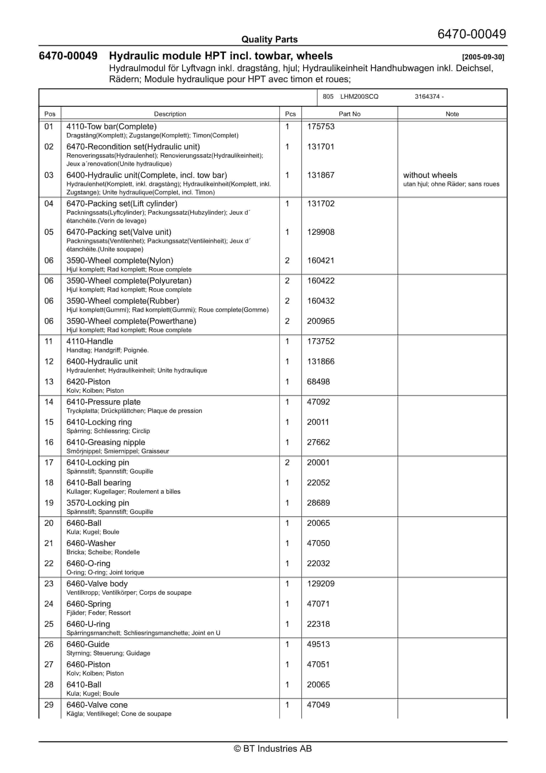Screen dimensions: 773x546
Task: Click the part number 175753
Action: tap(320, 127)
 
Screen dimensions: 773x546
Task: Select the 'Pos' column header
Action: tap(50, 114)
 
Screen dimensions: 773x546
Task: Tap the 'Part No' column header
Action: tap(349, 114)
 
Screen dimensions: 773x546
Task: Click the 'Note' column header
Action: tap(452, 114)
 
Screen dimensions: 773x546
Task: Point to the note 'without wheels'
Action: tap(430, 175)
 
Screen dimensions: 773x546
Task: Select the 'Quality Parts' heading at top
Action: tap(269, 39)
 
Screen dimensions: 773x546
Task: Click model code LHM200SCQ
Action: tap(359, 97)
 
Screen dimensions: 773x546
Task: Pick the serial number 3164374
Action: tap(427, 97)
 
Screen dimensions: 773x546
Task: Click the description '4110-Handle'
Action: tap(89, 341)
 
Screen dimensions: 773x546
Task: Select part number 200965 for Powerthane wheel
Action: tap(320, 321)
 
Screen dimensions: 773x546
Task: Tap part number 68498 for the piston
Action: tap(318, 382)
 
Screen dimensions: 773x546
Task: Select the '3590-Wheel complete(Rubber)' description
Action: tap(123, 301)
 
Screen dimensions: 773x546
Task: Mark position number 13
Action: tap(49, 382)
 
